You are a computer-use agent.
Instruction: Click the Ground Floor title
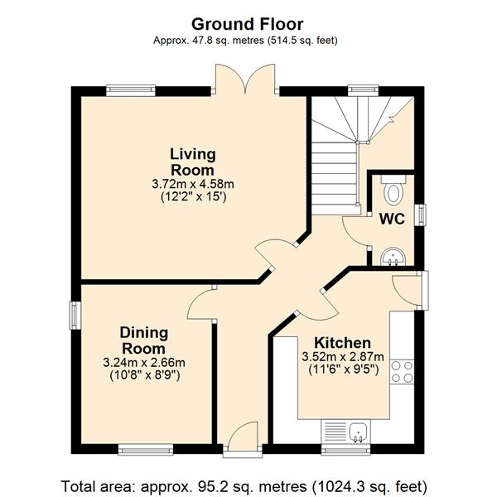247,24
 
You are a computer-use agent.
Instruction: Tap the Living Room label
193,162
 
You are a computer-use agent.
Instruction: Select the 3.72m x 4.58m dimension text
193,185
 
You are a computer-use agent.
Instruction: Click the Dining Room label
144,340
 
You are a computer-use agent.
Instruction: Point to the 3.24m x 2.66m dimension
144,363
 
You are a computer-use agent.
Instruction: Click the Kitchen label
341,343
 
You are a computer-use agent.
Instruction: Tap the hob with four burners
402,371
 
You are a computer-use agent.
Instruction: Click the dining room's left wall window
75,316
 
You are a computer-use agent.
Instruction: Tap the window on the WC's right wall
422,214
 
